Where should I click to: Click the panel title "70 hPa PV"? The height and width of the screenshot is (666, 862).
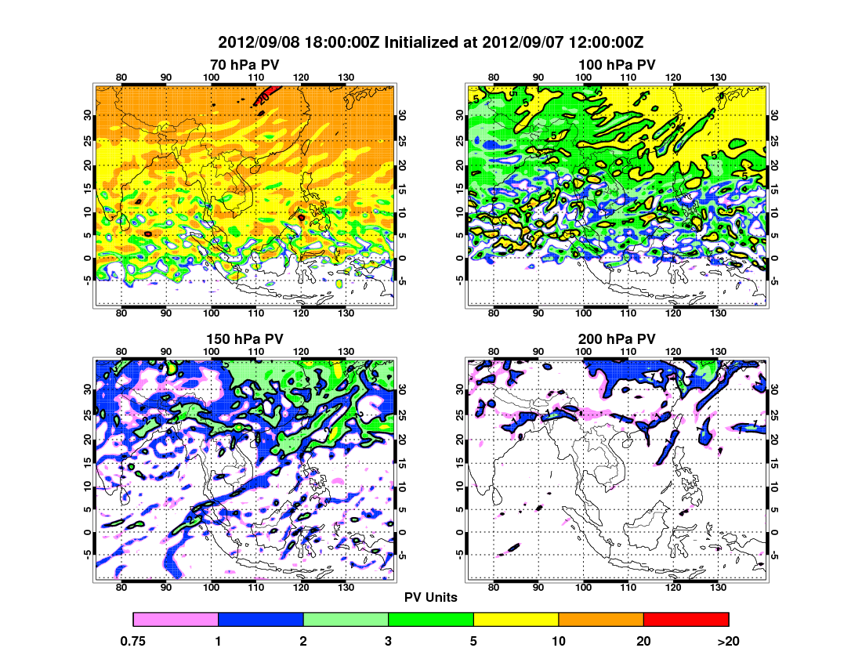pyautogui.click(x=244, y=64)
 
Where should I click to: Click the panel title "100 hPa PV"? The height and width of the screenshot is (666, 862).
pyautogui.click(x=617, y=64)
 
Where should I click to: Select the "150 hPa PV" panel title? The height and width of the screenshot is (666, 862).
pyautogui.click(x=244, y=339)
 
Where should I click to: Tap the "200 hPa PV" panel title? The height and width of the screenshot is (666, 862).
pyautogui.click(x=617, y=339)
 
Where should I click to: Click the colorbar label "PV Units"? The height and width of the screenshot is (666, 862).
pyautogui.click(x=431, y=597)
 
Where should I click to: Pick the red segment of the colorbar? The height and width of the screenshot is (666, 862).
pyautogui.click(x=686, y=620)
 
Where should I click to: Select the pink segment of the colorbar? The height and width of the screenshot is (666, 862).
pyautogui.click(x=176, y=620)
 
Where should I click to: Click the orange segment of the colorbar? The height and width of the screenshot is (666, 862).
pyautogui.click(x=601, y=620)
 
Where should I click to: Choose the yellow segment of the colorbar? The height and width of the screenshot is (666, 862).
pyautogui.click(x=516, y=620)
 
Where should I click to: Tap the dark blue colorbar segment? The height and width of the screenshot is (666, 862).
pyautogui.click(x=260, y=620)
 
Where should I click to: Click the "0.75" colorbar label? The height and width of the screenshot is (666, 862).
pyautogui.click(x=134, y=641)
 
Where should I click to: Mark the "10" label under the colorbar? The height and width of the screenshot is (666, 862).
pyautogui.click(x=559, y=641)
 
